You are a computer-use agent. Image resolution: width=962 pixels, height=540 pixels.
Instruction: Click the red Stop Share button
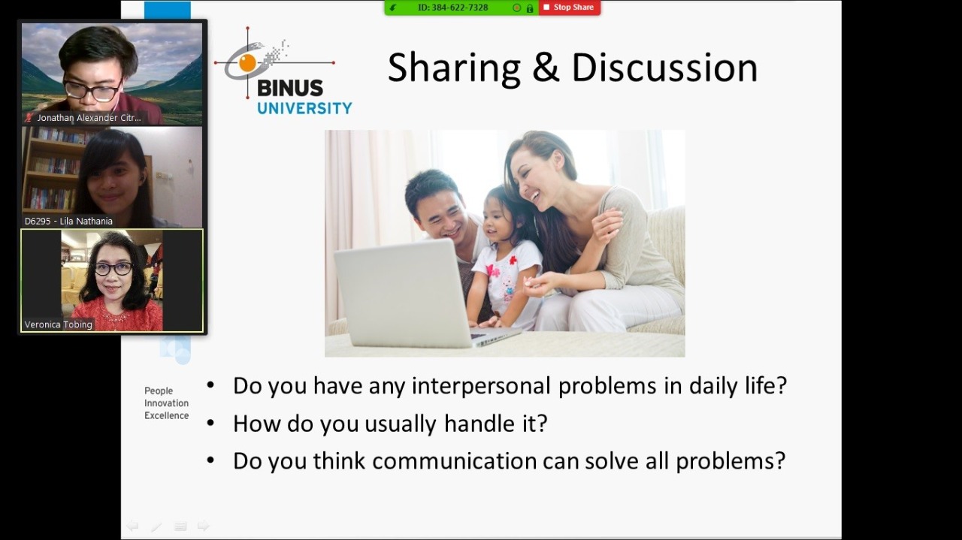click(570, 8)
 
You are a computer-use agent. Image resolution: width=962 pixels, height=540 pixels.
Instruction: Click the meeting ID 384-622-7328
click(452, 8)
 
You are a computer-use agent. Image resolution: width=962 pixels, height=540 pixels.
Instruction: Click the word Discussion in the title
click(664, 68)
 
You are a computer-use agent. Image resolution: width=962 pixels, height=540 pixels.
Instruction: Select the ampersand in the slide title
click(546, 68)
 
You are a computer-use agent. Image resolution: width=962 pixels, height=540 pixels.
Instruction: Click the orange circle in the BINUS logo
click(247, 63)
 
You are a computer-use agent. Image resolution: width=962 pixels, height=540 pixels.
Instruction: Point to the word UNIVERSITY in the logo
click(304, 108)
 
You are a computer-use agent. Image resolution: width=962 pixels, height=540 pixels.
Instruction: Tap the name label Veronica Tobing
click(59, 324)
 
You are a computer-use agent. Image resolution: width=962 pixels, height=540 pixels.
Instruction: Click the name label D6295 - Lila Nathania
click(68, 221)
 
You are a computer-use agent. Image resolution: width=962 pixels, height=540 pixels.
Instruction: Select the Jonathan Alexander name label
click(89, 118)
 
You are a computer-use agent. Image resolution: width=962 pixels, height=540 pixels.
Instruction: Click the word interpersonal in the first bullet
click(481, 385)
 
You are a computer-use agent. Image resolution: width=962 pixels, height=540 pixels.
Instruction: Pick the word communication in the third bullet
click(455, 460)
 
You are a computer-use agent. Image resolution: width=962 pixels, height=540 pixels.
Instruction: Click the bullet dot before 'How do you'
click(210, 424)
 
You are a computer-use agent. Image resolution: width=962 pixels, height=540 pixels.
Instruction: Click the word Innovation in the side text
click(166, 403)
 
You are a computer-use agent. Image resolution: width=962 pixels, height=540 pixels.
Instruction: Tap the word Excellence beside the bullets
click(166, 415)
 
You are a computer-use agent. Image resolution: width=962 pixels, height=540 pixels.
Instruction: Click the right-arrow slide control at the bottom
click(203, 526)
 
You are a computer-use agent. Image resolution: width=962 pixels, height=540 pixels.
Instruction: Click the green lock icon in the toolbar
click(530, 8)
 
